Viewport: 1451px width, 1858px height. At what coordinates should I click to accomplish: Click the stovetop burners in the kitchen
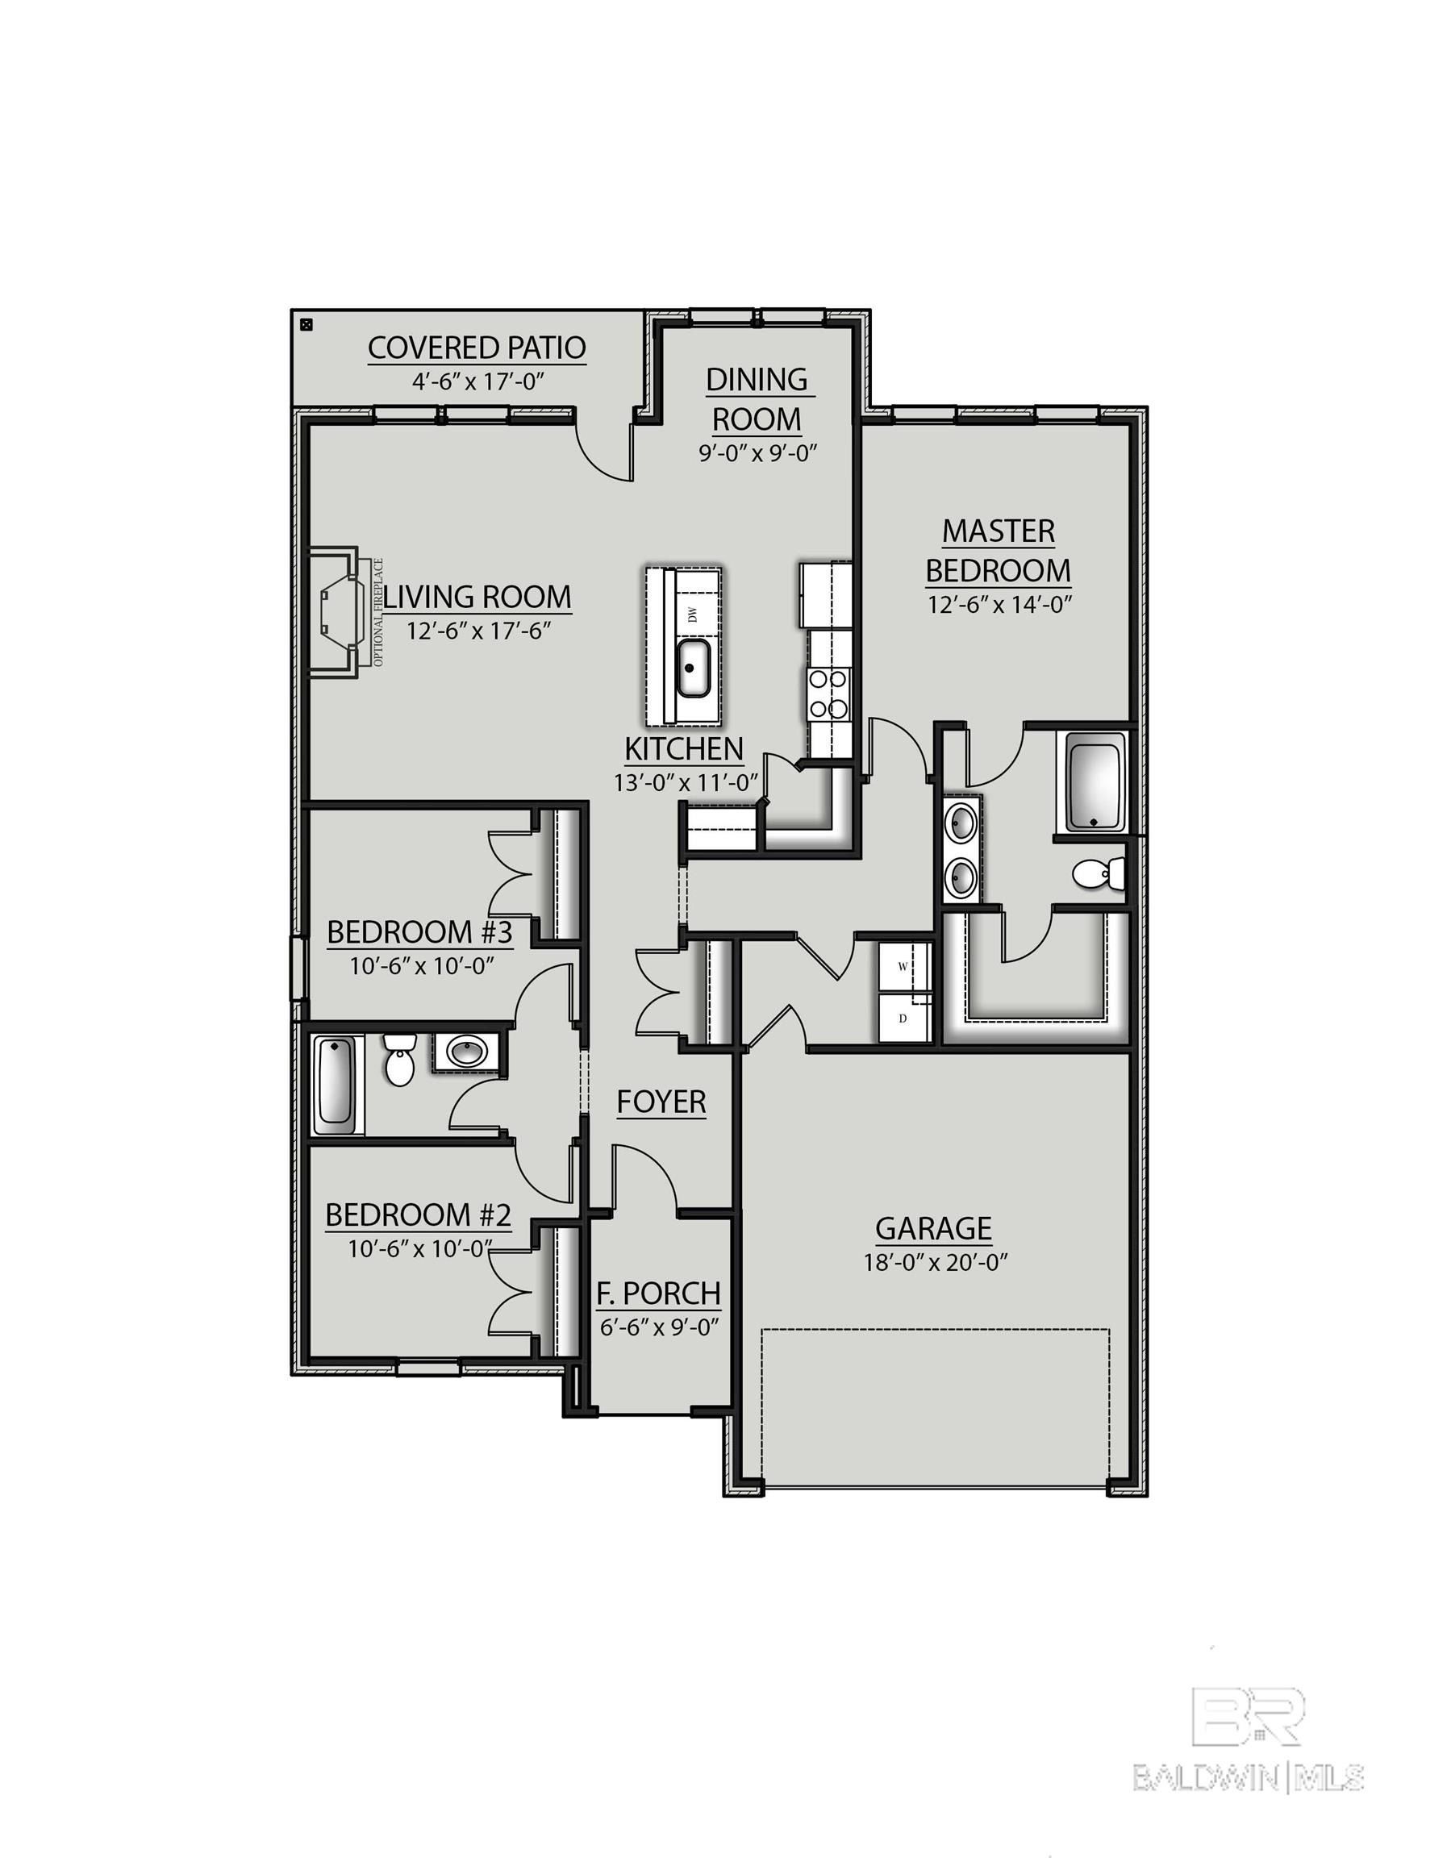[x=828, y=693]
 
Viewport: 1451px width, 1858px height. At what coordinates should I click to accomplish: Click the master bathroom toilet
[x=1099, y=873]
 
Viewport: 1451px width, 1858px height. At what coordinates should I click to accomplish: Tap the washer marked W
[x=903, y=967]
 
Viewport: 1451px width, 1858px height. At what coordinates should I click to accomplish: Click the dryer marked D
[x=903, y=1018]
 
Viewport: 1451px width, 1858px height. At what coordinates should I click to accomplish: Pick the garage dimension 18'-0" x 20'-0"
[x=935, y=1263]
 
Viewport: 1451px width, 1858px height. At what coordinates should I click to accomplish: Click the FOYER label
[x=661, y=1102]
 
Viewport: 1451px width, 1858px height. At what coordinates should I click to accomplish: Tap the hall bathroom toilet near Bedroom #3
[x=398, y=1059]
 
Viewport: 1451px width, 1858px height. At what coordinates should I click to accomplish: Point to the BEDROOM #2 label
[x=418, y=1214]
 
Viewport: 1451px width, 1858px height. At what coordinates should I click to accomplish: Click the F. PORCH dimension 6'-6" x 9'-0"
[x=660, y=1327]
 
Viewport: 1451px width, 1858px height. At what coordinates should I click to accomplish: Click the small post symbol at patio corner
[x=307, y=324]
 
